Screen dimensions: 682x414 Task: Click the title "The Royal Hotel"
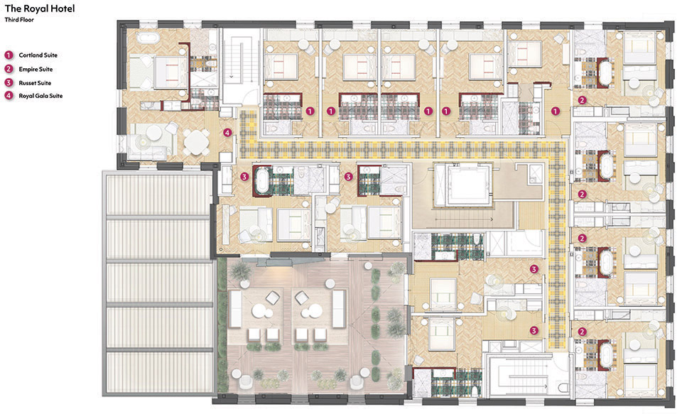40,9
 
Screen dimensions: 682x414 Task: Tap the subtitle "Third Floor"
19,20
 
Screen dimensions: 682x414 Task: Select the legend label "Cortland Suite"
38,55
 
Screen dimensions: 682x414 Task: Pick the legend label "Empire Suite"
36,69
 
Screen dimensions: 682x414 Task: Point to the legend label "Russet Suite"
35,82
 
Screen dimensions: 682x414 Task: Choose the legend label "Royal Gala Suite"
40,96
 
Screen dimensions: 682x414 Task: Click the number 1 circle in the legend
9,55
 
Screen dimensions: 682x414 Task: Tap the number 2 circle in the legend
9,69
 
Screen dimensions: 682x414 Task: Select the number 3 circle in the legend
9,82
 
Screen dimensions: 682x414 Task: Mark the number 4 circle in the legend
9,96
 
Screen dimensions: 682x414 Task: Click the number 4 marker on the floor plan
227,133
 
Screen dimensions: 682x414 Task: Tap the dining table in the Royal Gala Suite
196,141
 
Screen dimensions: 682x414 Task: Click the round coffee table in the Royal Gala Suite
153,133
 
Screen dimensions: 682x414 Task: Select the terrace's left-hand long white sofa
236,309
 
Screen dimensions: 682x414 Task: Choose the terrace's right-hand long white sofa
339,309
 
